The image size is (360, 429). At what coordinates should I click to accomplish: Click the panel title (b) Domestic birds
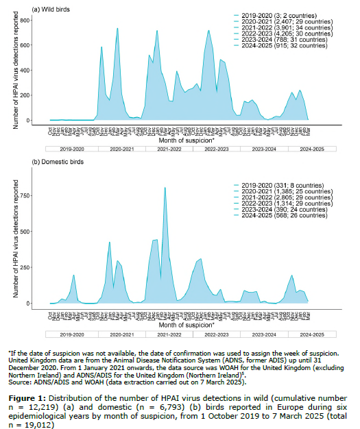tap(58, 162)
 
